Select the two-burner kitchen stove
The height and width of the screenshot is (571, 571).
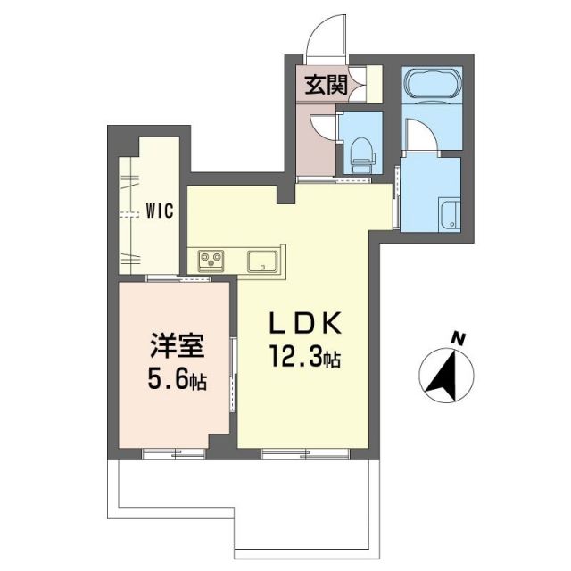(212, 260)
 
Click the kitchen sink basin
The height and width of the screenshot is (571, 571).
(263, 261)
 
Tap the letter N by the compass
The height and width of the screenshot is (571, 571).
(459, 338)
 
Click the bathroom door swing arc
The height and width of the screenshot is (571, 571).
(419, 134)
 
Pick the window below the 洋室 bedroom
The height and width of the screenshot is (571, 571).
(174, 453)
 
